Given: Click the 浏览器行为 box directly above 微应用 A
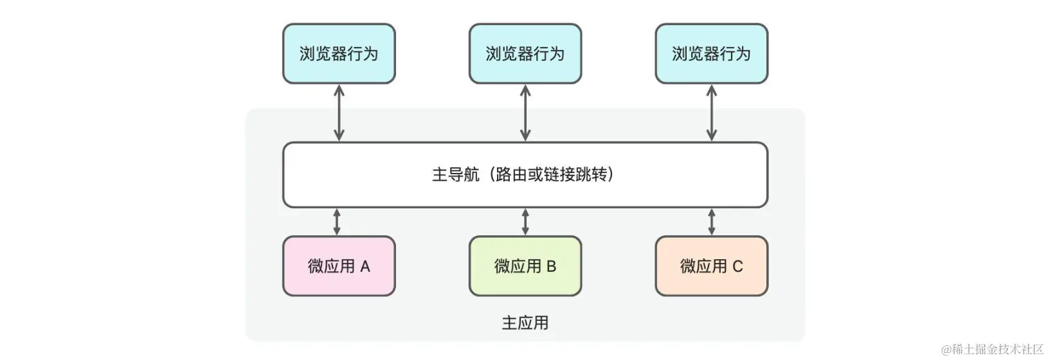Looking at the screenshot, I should pyautogui.click(x=339, y=54).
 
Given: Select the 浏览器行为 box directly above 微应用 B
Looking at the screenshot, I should pyautogui.click(x=525, y=54).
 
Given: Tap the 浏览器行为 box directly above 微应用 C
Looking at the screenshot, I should pyautogui.click(x=711, y=54).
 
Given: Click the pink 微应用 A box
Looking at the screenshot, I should pyautogui.click(x=339, y=266).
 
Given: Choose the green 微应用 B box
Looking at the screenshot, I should pyautogui.click(x=525, y=266).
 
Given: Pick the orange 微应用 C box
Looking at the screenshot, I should pyautogui.click(x=711, y=266).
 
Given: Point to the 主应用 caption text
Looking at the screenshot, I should pyautogui.click(x=525, y=323).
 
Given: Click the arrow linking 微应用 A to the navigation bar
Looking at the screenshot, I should pyautogui.click(x=337, y=222).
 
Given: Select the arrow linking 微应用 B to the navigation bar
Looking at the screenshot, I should pyautogui.click(x=525, y=222).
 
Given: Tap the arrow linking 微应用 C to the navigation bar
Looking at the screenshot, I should pyautogui.click(x=711, y=222).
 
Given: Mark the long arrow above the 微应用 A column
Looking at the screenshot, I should pyautogui.click(x=339, y=113).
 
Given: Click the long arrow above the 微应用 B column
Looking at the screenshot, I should pyautogui.click(x=525, y=113).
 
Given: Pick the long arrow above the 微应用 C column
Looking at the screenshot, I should pyautogui.click(x=711, y=113).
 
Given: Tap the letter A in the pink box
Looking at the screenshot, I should pyautogui.click(x=365, y=267).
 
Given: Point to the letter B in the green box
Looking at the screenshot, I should pyautogui.click(x=551, y=267).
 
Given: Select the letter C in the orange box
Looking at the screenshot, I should pyautogui.click(x=737, y=267).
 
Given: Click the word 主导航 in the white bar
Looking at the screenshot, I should pyautogui.click(x=455, y=175).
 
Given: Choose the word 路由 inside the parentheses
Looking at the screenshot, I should pyautogui.click(x=508, y=175).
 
